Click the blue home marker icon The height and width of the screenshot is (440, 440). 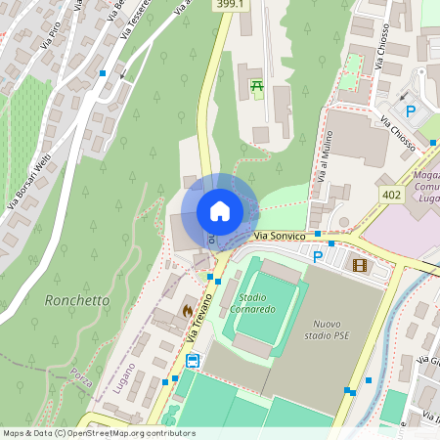(x=219, y=211)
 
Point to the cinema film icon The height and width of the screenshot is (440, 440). (x=361, y=264)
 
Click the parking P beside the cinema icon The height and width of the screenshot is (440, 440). (x=318, y=257)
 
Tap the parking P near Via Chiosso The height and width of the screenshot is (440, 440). (x=411, y=111)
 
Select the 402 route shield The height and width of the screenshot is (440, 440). (x=392, y=195)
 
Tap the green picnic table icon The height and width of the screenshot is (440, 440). (x=257, y=87)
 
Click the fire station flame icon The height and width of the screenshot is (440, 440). (x=186, y=309)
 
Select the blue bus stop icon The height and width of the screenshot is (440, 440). (x=193, y=361)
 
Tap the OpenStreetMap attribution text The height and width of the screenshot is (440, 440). (x=99, y=432)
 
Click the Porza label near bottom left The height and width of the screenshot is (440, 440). (x=81, y=375)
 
